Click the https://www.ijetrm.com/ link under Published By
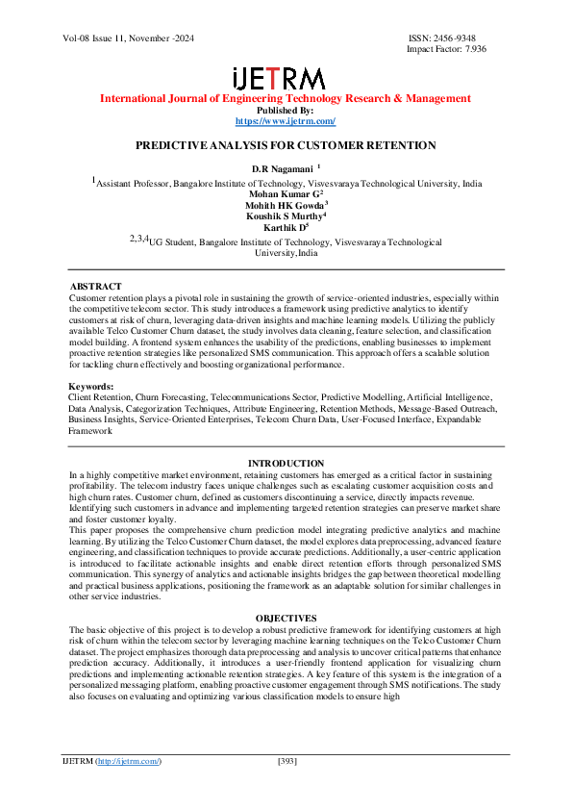(286, 121)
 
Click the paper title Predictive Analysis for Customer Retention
(286, 145)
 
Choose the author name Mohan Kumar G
(283, 192)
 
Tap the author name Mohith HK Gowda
(283, 204)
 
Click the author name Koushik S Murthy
(283, 215)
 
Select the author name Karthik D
(283, 227)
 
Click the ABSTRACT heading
(95, 287)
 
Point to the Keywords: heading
(95, 386)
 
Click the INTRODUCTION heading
(286, 464)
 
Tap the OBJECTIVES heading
(286, 617)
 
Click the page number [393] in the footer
(286, 762)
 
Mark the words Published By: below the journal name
(286, 111)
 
